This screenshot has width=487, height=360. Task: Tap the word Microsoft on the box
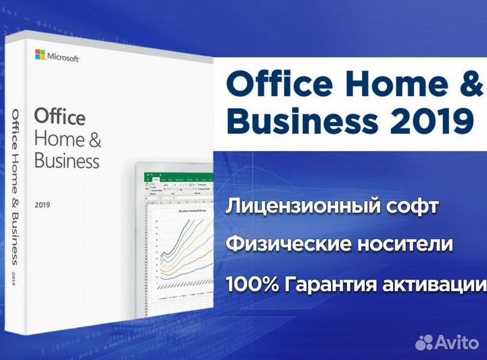tap(64, 55)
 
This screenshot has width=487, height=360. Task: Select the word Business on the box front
tap(66, 161)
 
